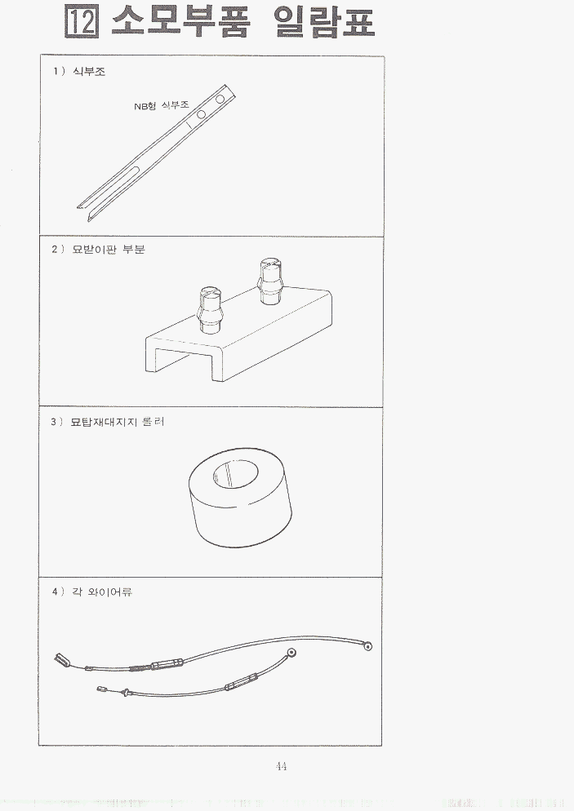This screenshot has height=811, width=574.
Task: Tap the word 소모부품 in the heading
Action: click(180, 22)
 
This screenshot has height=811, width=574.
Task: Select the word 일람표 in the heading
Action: click(325, 22)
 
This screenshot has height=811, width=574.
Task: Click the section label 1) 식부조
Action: click(78, 71)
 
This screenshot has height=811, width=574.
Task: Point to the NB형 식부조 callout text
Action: click(162, 106)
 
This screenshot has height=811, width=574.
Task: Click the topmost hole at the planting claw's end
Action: click(220, 99)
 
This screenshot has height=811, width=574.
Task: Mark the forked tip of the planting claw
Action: click(84, 211)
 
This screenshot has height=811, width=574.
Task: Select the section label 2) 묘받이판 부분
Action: click(98, 250)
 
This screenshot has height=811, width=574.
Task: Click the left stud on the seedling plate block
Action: click(210, 308)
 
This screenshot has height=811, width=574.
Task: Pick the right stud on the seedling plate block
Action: click(271, 281)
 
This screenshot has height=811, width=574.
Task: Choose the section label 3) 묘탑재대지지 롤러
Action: click(108, 422)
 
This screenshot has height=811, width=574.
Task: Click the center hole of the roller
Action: click(235, 474)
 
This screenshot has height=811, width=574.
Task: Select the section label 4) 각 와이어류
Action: click(92, 592)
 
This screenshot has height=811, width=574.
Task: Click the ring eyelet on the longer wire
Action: click(368, 646)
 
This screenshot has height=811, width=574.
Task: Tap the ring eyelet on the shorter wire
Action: click(292, 652)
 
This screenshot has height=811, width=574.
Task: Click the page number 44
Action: click(282, 766)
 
